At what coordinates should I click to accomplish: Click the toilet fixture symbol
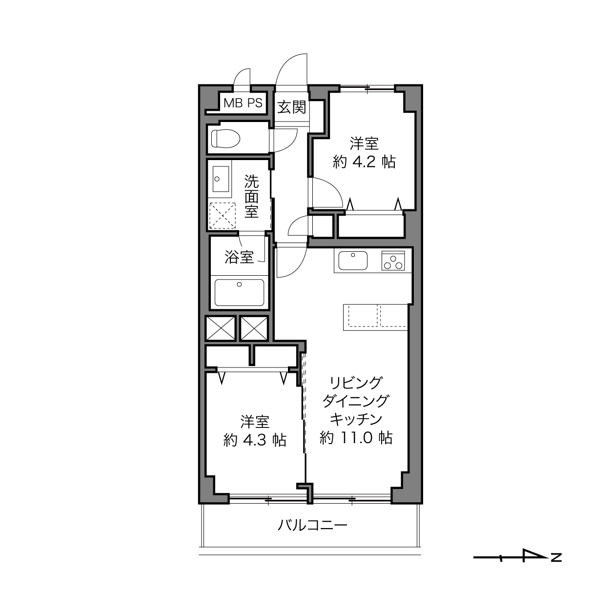225,139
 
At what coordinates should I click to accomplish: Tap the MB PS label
243,103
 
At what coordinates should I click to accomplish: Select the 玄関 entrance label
291,107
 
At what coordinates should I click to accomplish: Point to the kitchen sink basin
352,260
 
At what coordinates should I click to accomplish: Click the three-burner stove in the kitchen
393,260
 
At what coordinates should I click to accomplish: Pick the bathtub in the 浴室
239,292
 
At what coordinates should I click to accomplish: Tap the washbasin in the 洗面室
221,179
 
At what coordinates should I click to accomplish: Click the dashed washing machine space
222,215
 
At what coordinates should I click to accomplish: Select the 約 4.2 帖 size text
364,162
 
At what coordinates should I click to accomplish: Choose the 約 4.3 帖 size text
255,440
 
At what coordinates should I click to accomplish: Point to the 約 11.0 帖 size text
356,438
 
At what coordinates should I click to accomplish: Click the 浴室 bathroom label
239,257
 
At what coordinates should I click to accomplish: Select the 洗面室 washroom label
251,197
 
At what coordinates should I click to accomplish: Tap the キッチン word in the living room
356,419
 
